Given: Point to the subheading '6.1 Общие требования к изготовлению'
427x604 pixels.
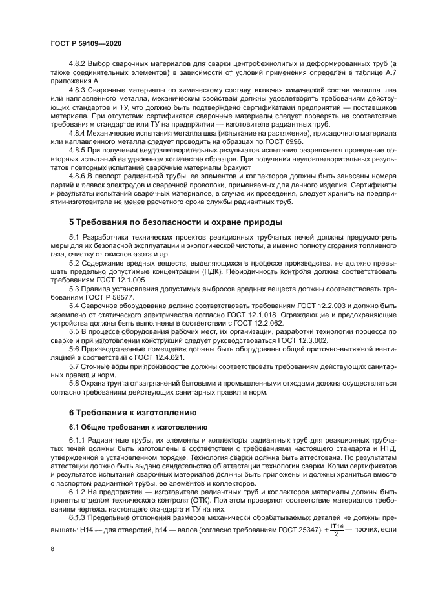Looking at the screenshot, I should tap(138, 427).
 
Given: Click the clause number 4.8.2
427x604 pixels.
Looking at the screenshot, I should tap(78, 64).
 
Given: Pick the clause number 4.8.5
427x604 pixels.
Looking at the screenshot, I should tap(78, 149).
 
